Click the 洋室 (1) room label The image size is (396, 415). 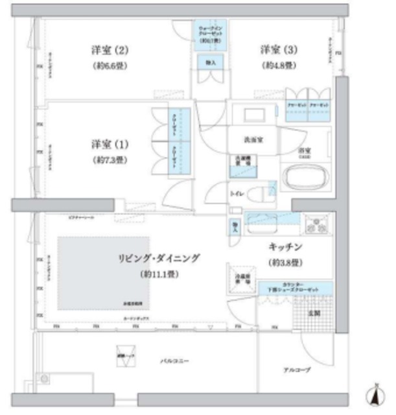[108, 144]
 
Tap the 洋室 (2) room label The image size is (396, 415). [107, 49]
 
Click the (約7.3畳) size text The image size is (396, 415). [108, 160]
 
